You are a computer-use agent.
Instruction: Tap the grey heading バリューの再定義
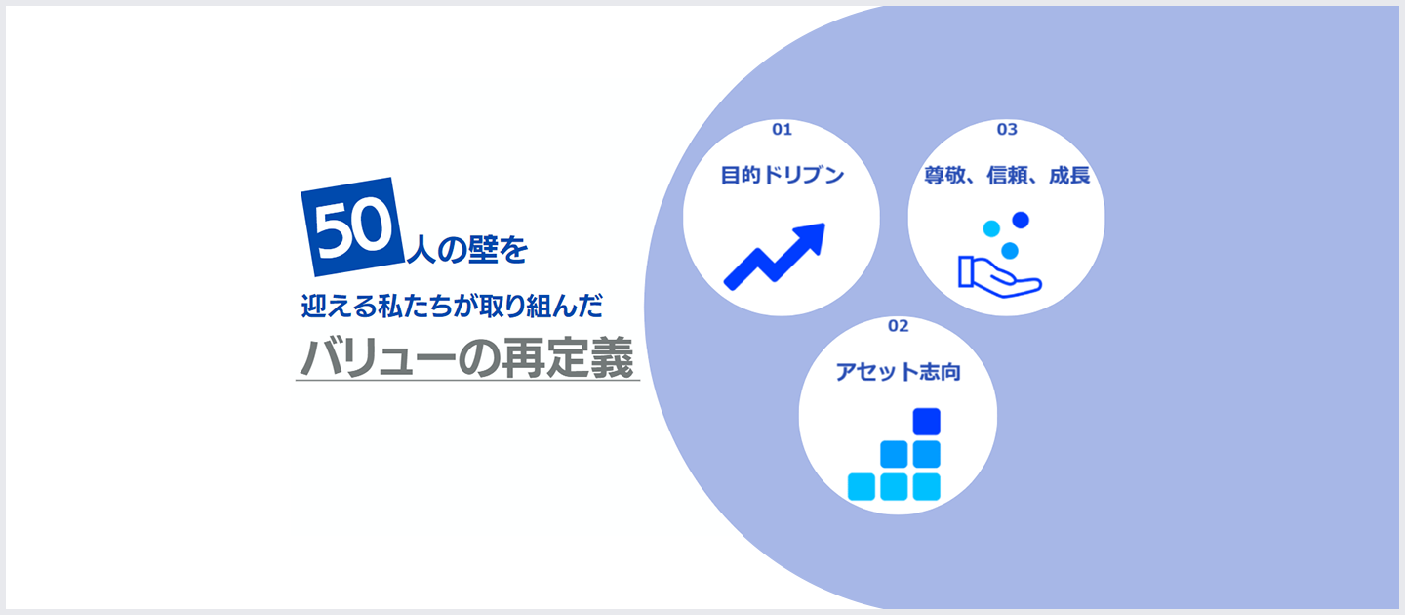pos(466,357)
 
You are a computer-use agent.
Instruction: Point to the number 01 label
pos(782,129)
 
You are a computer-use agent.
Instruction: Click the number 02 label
pos(898,325)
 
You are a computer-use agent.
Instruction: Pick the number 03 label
pos(1007,129)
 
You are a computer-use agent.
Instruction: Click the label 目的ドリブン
pos(782,176)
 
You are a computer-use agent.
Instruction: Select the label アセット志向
pos(898,372)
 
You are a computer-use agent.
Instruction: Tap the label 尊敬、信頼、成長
pos(1007,176)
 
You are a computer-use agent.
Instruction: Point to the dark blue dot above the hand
pos(1021,220)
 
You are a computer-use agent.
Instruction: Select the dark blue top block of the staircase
pos(926,421)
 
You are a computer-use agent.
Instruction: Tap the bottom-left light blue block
pos(862,486)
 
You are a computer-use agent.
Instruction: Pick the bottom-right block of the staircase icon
pos(926,486)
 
